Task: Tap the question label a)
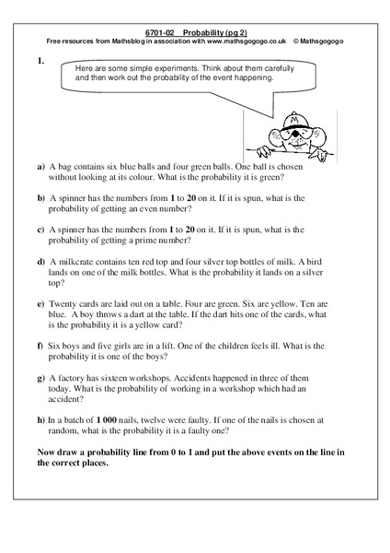click(x=41, y=168)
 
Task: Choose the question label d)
click(x=41, y=263)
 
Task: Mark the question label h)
click(x=41, y=419)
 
